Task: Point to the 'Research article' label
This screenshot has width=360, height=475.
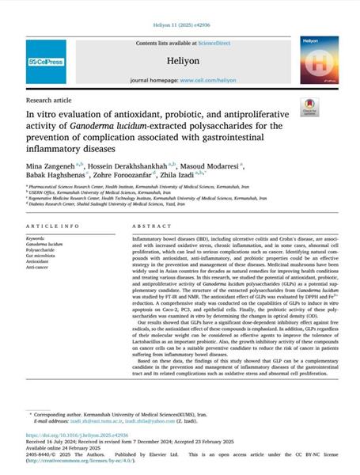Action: click(50, 101)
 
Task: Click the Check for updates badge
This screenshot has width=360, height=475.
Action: click(309, 128)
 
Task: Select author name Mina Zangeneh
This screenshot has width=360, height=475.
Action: click(51, 168)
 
